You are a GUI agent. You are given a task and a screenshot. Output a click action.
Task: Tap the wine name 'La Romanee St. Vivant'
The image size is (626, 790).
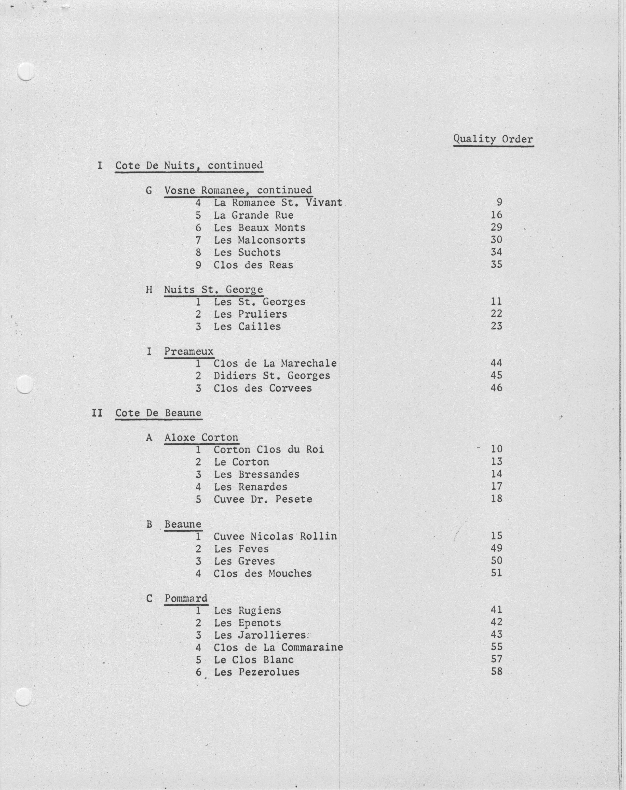click(278, 203)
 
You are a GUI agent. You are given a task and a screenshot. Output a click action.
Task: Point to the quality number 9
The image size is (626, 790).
click(499, 202)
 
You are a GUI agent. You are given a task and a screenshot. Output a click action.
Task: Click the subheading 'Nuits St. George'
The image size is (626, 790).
click(213, 290)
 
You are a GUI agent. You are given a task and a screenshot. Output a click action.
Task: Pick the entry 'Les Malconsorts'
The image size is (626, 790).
click(259, 240)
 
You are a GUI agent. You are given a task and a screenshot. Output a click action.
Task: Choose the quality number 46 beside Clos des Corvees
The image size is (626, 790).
click(496, 388)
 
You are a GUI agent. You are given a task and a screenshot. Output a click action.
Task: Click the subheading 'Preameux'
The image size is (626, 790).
click(189, 352)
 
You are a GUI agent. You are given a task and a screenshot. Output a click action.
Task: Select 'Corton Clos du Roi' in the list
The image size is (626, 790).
click(269, 450)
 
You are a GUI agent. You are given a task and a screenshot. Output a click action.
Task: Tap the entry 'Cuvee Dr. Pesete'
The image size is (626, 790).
click(263, 499)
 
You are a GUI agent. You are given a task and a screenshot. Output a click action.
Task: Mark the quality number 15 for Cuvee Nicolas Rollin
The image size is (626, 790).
click(496, 536)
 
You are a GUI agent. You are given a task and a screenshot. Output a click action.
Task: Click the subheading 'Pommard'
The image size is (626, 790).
click(186, 598)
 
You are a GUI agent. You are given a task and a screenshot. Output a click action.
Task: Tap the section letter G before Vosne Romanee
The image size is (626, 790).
click(149, 191)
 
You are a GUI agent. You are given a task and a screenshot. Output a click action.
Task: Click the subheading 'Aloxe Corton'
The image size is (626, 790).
click(201, 437)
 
